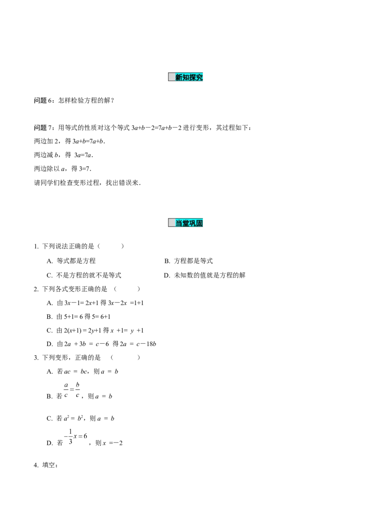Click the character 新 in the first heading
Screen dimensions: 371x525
click(179, 77)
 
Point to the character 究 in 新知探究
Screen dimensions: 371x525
click(200, 77)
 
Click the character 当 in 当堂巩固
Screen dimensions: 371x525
click(179, 223)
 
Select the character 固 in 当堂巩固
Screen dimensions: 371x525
click(200, 223)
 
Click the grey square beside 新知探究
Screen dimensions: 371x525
click(172, 77)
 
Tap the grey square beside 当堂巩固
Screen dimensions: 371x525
click(172, 223)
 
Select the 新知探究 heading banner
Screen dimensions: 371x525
click(185, 77)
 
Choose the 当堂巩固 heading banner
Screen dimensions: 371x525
click(185, 223)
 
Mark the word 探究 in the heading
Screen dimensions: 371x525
click(197, 77)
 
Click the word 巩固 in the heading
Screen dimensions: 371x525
click(197, 223)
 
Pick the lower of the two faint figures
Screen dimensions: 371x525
click(77, 437)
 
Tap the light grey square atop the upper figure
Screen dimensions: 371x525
click(80, 380)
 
